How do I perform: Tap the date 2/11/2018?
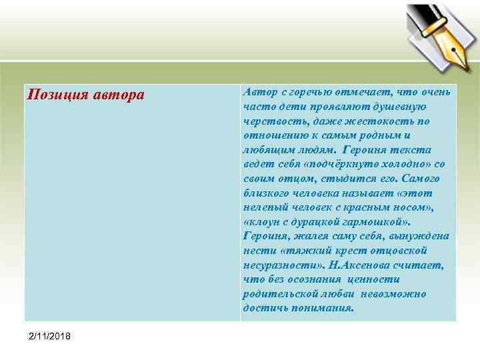(x=49, y=335)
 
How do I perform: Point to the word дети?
(x=284, y=106)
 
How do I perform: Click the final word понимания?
(x=323, y=309)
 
